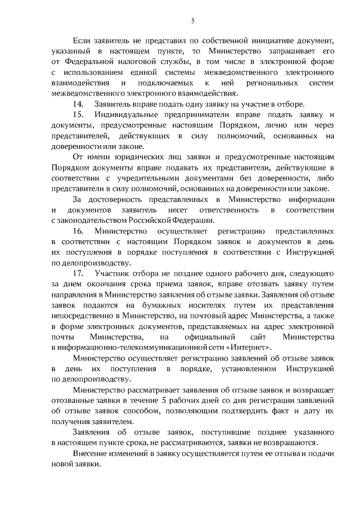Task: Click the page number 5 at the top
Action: point(192,21)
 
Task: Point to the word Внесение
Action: point(91,453)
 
